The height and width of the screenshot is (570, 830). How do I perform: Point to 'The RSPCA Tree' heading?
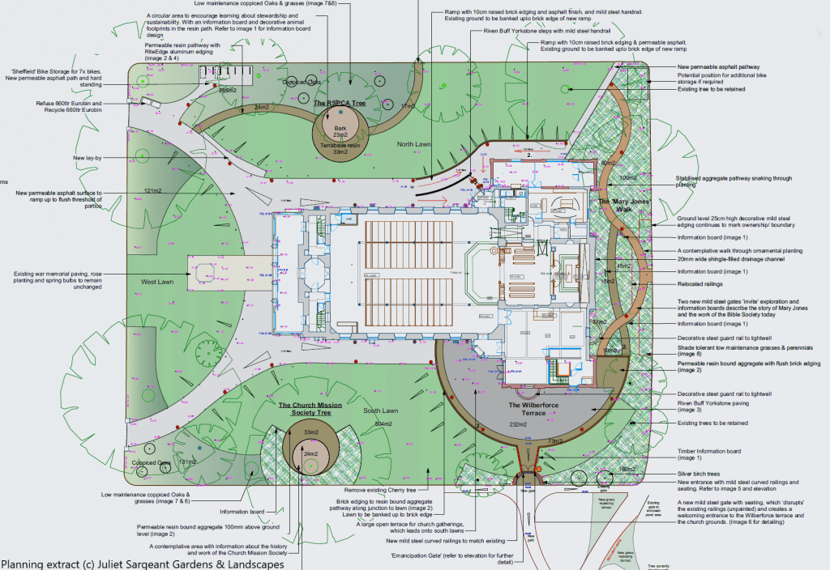click(340, 104)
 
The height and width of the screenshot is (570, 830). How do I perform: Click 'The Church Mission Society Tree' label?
click(311, 409)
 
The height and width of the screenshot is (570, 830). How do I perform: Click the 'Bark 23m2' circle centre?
click(340, 130)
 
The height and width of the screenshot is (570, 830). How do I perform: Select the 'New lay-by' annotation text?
click(90, 158)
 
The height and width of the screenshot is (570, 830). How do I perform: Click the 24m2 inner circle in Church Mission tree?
click(311, 454)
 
